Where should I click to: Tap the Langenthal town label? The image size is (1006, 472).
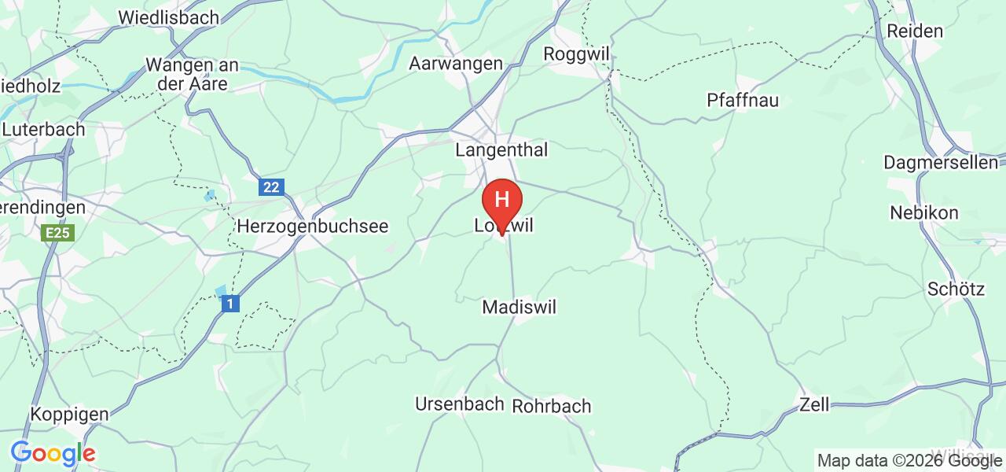501,149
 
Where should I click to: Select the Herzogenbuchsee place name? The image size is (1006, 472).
313,226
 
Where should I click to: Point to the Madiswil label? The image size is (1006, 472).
519,307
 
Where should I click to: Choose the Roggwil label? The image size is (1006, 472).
578,53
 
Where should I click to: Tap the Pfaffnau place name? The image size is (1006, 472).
742,101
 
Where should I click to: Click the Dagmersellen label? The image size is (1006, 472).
940,163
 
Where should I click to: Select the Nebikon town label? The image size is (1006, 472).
924,213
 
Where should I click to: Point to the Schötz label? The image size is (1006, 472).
956,289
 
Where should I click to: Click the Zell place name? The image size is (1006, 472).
814,405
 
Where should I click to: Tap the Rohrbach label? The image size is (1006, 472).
551,407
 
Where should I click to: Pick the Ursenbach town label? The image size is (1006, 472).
459,404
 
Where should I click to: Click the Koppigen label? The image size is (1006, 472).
68,414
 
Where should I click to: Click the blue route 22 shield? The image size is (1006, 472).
271,187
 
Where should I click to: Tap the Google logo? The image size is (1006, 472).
53,453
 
